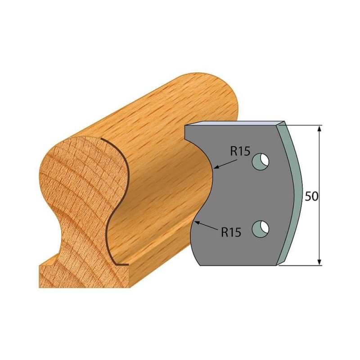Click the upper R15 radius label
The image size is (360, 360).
tap(240, 152)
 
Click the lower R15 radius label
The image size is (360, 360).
tap(231, 232)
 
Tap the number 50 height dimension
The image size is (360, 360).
tap(311, 197)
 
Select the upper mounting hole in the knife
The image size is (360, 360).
tap(261, 162)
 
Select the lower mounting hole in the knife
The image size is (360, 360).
tap(261, 229)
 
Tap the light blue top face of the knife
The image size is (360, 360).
tap(234, 123)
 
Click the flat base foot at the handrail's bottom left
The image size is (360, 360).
tap(49, 274)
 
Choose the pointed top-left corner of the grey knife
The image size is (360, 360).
tap(186, 127)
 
